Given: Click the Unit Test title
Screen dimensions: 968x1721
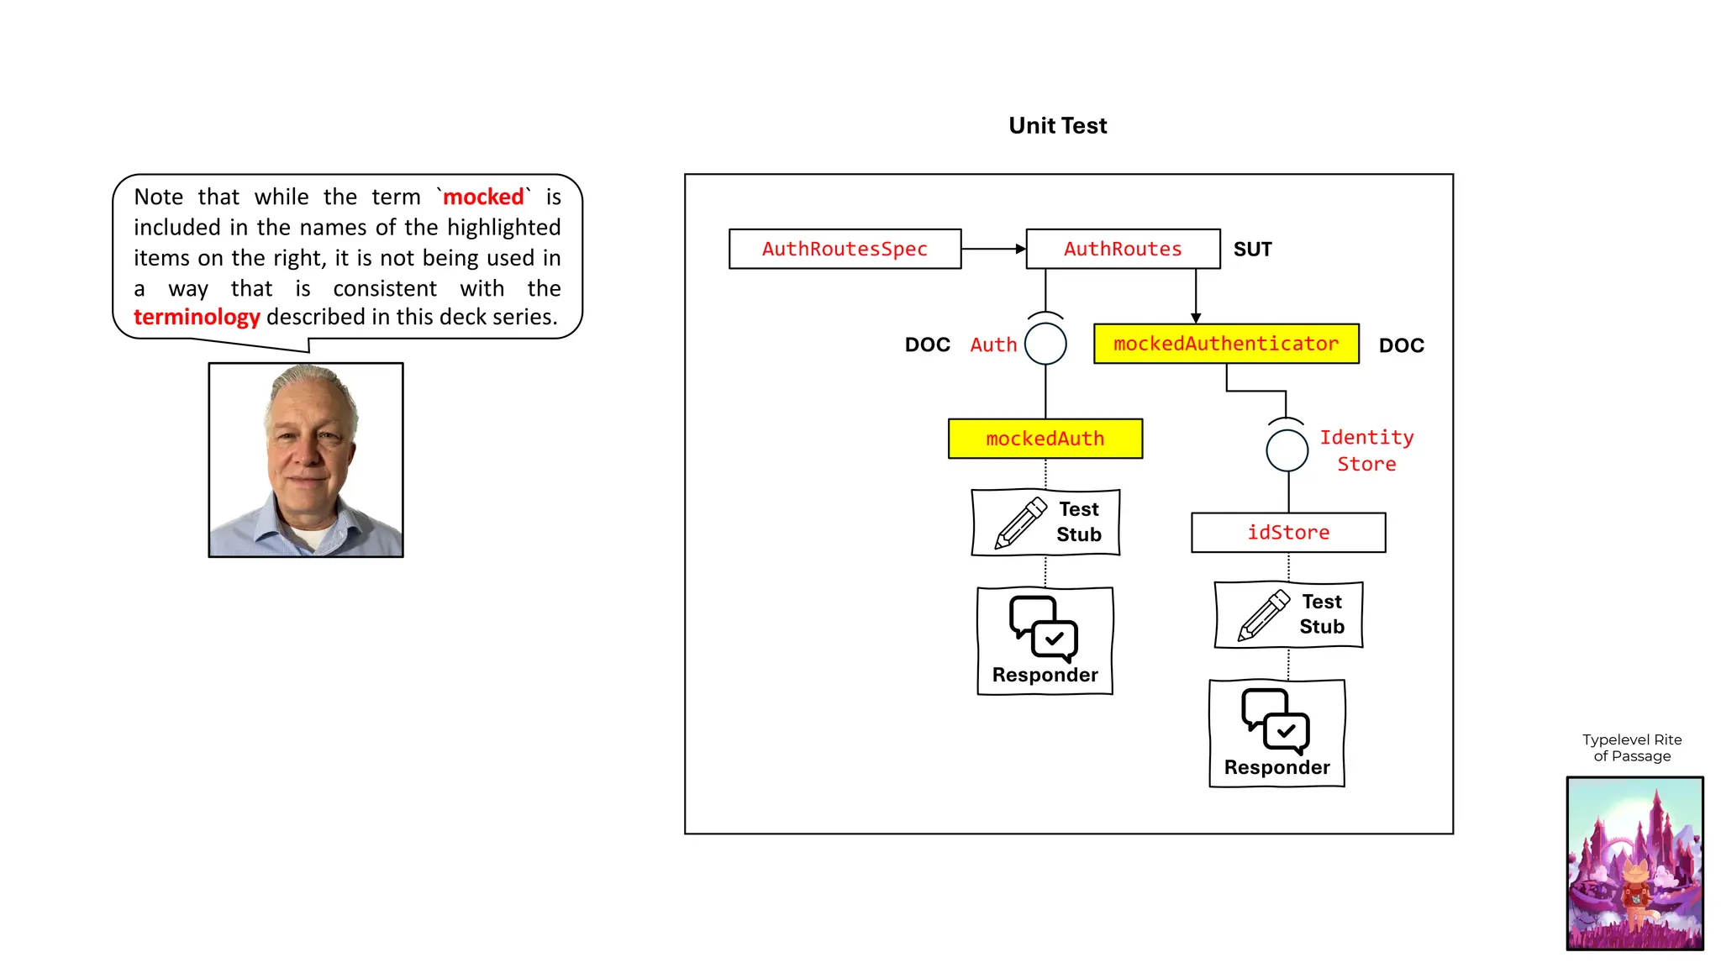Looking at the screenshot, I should point(1057,126).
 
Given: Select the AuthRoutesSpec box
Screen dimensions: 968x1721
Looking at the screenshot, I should point(845,249).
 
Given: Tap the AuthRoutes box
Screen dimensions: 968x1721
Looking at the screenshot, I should point(1123,249).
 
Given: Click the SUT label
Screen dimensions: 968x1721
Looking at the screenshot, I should point(1252,250).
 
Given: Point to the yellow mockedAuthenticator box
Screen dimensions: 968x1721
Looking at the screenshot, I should point(1225,344).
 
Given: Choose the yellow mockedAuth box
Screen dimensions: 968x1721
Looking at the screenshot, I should point(1045,439).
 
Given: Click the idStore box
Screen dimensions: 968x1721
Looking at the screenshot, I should point(1287,533).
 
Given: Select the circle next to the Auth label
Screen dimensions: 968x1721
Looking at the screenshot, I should point(1045,344).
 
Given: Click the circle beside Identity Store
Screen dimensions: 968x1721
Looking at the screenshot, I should point(1287,450).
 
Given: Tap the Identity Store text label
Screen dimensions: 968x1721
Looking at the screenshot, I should point(1366,450).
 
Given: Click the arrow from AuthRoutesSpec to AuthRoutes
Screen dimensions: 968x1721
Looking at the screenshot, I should point(993,249).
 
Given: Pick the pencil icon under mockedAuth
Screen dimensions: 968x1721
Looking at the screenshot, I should point(1020,523).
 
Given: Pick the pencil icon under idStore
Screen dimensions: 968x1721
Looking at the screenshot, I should point(1263,615).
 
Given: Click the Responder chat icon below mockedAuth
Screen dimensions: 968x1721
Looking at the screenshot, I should point(1044,629).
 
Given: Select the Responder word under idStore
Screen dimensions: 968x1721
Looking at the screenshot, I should point(1276,767).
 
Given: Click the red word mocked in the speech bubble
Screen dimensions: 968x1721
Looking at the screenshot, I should point(483,197).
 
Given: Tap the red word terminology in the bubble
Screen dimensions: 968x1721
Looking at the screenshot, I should point(197,317).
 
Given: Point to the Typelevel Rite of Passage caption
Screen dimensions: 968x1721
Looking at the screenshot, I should point(1632,747).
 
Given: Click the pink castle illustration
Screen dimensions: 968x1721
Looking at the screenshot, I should point(1634,863).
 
